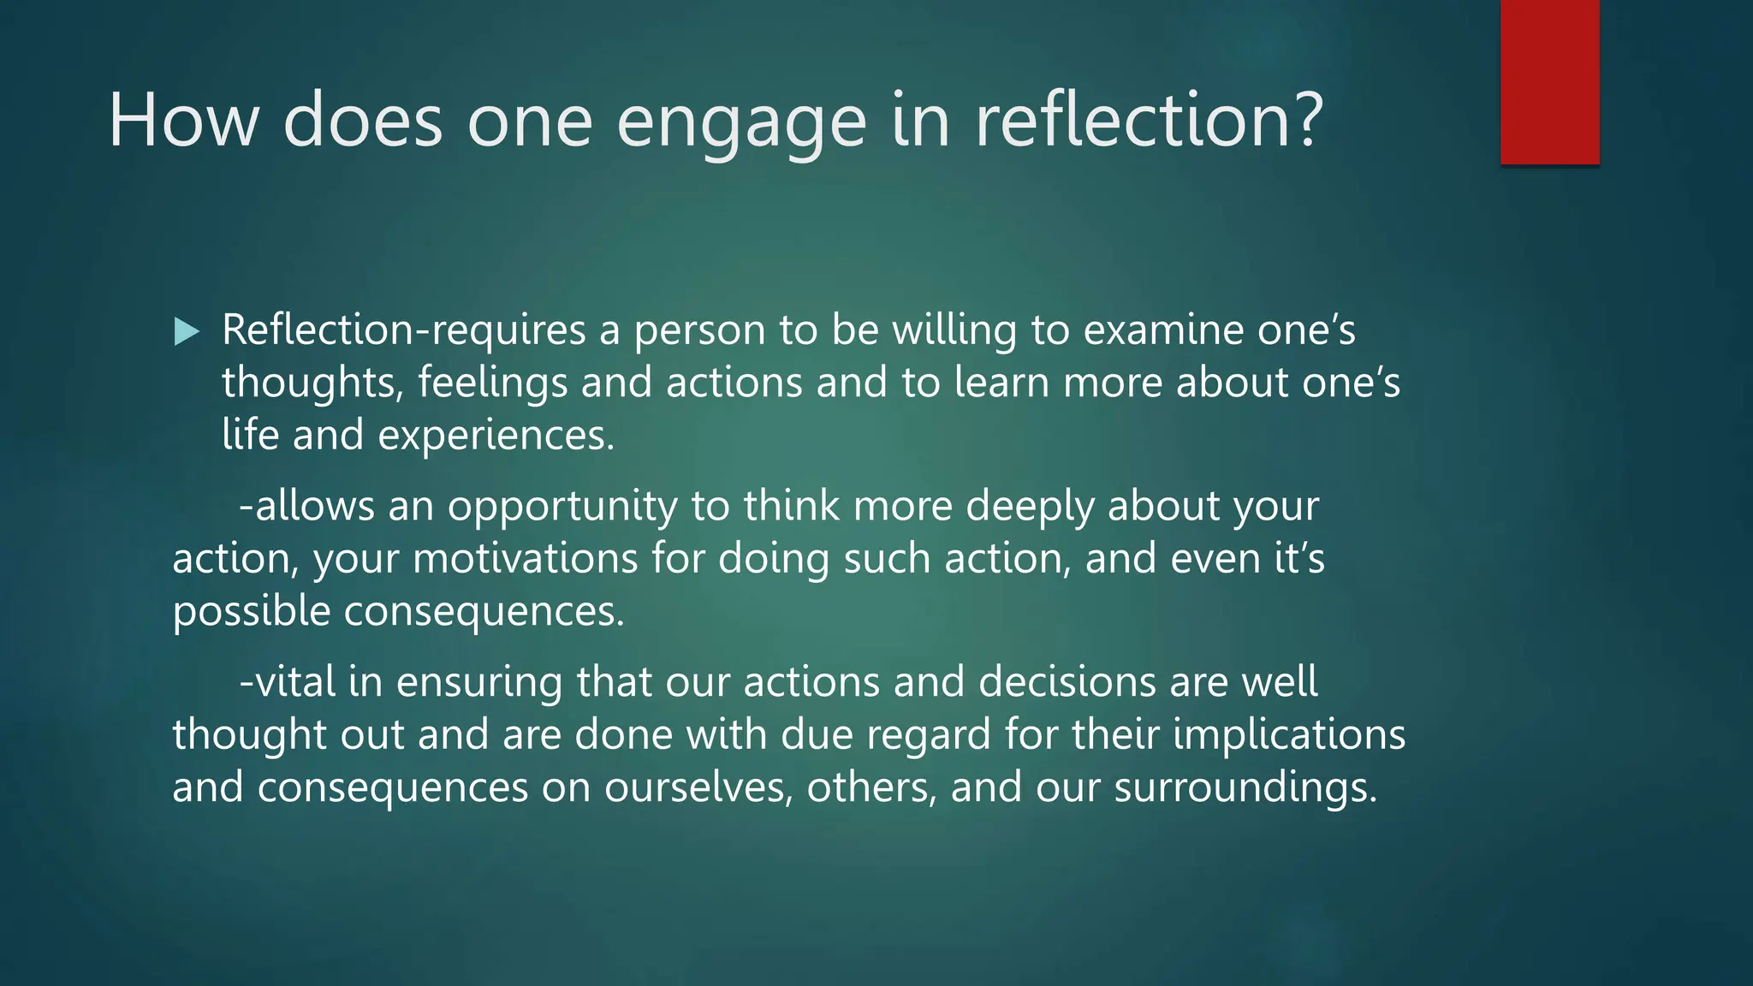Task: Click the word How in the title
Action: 183,121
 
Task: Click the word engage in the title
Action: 741,121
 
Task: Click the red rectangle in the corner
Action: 1549,81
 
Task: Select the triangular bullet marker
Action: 186,331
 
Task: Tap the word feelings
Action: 492,383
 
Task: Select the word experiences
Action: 496,436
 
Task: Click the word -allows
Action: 306,506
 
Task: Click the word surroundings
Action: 1245,788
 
